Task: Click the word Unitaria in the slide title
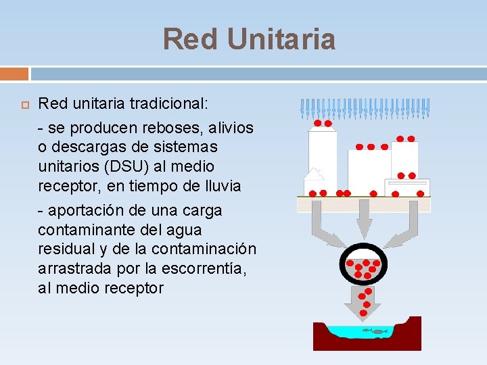click(281, 39)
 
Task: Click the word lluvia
click(218, 186)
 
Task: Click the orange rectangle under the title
click(14, 73)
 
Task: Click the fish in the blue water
click(375, 331)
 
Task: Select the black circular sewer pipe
click(364, 265)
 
